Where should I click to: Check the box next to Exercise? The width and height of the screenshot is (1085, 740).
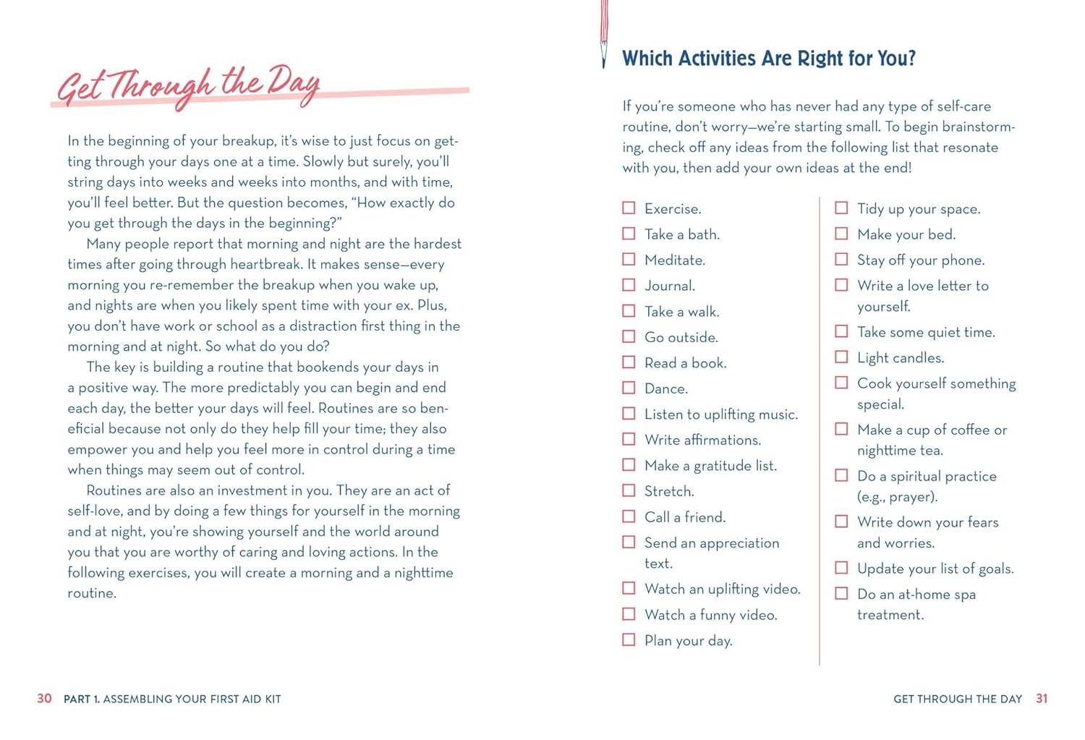tap(629, 208)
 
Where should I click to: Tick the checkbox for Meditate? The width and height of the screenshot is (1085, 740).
tap(629, 260)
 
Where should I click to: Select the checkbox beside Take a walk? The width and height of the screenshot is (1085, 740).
tap(629, 311)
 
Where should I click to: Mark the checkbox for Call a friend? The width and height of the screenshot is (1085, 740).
tap(629, 516)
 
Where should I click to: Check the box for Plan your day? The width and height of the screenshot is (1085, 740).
tap(629, 640)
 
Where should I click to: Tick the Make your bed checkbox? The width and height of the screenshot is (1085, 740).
tap(841, 234)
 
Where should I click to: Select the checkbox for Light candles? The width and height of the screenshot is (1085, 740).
tap(841, 357)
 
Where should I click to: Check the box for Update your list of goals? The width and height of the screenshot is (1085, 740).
tap(841, 568)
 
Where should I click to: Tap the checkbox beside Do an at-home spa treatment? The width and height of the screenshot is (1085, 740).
tap(841, 594)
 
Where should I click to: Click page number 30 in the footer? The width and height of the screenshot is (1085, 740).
tap(44, 699)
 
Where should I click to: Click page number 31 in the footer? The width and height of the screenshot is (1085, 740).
tap(1042, 699)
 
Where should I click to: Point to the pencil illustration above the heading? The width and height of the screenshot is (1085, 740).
tap(604, 33)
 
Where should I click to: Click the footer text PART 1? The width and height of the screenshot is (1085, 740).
tap(82, 699)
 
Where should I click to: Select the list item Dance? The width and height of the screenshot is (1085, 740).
tap(665, 389)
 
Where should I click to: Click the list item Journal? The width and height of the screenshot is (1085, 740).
tap(669, 286)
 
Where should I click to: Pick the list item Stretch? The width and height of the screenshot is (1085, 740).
tap(669, 492)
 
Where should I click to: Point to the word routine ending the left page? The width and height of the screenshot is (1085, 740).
tap(92, 594)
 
